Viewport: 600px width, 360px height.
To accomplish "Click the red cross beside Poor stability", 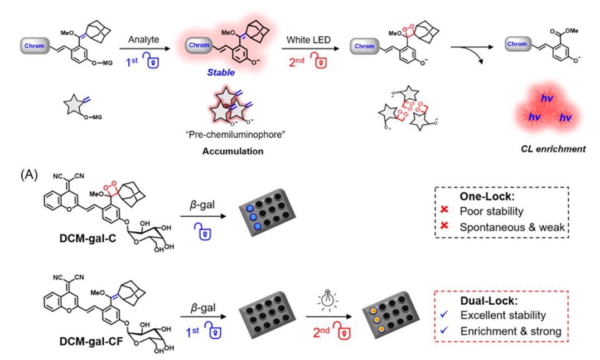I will (443, 212).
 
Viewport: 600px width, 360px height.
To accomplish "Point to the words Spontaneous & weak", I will (508, 228).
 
